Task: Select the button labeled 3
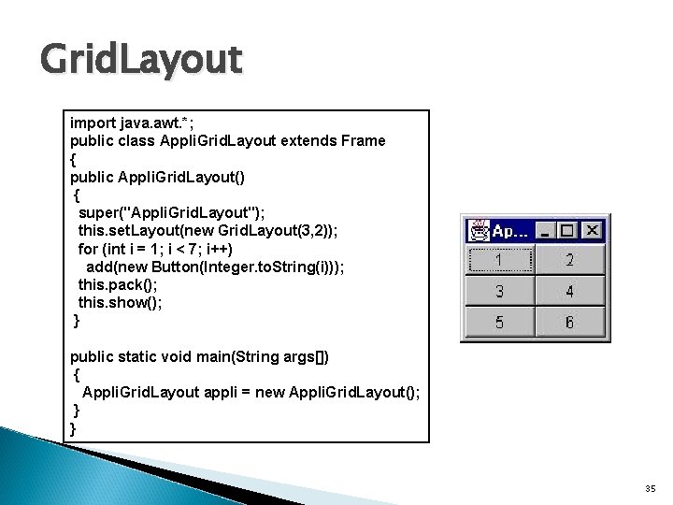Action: click(499, 291)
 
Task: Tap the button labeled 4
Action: click(570, 291)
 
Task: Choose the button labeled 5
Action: click(499, 323)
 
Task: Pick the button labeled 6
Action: click(570, 323)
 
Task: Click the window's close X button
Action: click(592, 230)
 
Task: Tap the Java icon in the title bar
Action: click(479, 230)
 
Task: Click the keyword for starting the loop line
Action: click(87, 249)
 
